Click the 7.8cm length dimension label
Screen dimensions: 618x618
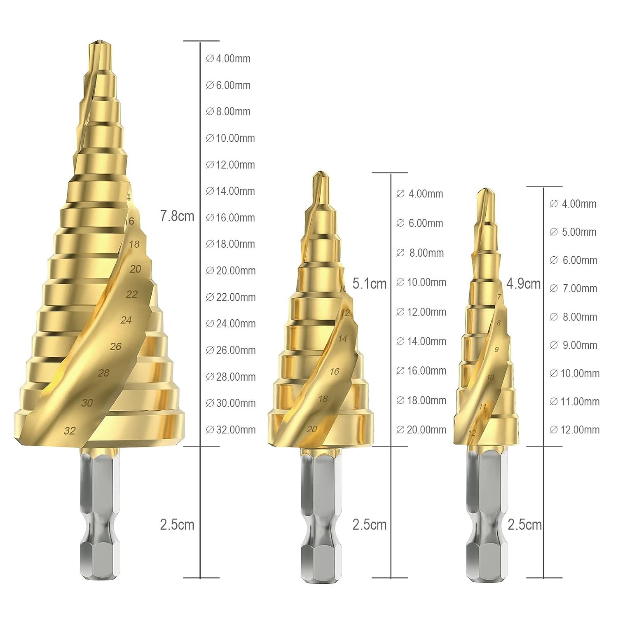point(177,216)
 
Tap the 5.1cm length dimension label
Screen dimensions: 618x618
point(370,283)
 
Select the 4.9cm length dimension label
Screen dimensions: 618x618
point(524,283)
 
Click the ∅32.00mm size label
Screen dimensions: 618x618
point(231,430)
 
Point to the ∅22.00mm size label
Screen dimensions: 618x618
point(231,297)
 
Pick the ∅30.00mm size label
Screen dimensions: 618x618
point(231,403)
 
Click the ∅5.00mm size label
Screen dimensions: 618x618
point(573,232)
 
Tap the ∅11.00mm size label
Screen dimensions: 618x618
point(575,402)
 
